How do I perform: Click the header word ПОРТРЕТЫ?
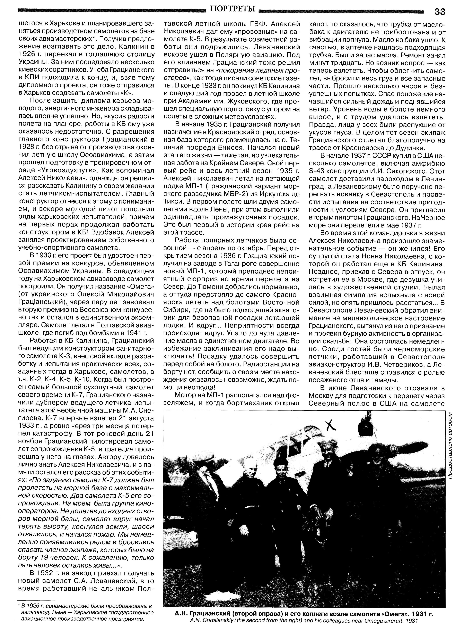pyautogui.click(x=233, y=9)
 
